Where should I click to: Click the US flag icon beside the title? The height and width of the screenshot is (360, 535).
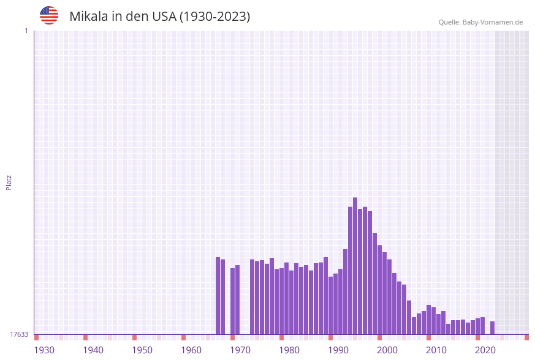coord(49,15)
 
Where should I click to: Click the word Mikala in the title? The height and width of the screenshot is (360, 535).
coord(89,17)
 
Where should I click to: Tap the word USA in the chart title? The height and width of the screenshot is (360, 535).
coord(161,17)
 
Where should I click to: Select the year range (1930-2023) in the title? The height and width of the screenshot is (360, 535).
coord(214,17)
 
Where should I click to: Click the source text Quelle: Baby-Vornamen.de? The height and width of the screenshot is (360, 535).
coord(480,23)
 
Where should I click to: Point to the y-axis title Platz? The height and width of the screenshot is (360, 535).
coord(9,182)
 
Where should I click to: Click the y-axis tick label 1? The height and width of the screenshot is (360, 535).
coord(26,31)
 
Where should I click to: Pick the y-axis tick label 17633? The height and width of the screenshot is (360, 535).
coord(19,334)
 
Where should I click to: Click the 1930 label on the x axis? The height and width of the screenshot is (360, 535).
coord(44,350)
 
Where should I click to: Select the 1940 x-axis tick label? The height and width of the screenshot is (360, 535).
coord(93,350)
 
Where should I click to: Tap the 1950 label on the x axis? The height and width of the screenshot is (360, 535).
coord(142,350)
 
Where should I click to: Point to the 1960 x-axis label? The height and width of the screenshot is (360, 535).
coord(191,350)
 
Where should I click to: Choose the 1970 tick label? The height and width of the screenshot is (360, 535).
coord(240,350)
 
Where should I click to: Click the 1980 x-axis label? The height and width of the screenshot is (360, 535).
coord(289,350)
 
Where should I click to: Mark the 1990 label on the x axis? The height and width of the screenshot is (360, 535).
coord(338,350)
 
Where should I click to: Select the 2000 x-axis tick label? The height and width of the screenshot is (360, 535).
coord(387,350)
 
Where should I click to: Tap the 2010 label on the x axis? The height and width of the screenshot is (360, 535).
coord(436,350)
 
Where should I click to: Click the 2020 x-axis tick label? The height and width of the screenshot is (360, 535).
coord(485,350)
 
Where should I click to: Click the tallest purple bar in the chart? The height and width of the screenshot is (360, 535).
coord(355,267)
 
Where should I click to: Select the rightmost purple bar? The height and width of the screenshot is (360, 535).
coord(492,328)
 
